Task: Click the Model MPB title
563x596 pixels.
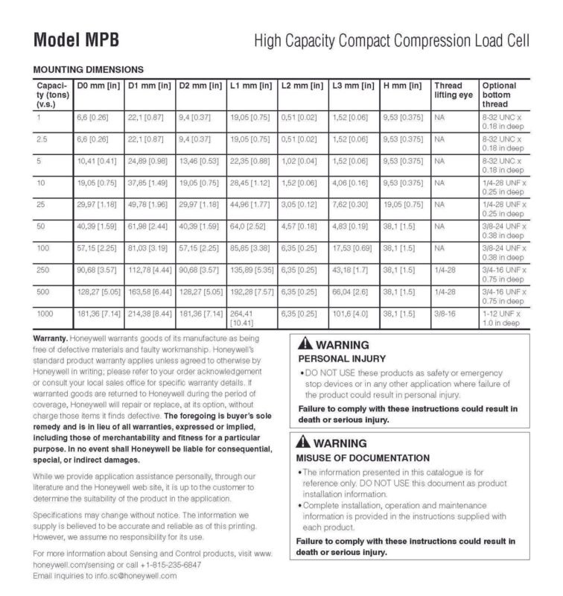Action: coord(76,39)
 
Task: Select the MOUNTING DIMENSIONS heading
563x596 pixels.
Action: coord(88,69)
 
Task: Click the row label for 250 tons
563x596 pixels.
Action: coord(44,270)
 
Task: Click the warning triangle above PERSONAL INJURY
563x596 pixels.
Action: coord(305,346)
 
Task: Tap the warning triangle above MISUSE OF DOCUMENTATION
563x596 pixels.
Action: coord(305,441)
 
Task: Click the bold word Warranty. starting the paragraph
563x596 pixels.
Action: coord(51,338)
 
